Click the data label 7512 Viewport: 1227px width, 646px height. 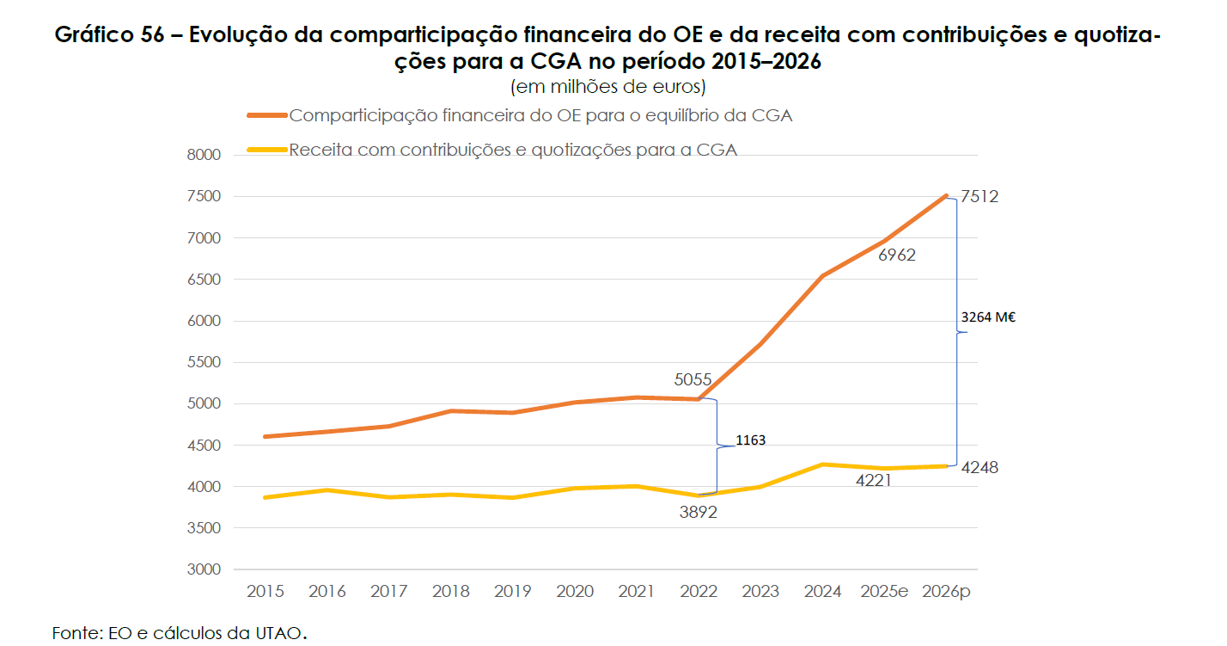coord(980,197)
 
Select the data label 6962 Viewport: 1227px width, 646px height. coord(897,255)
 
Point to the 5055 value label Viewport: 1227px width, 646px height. coord(693,378)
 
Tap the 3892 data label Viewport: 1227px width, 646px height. coord(698,512)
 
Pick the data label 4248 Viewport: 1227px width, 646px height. coord(980,468)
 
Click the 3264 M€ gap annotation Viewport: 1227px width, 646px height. coord(989,317)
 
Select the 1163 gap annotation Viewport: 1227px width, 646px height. coord(750,440)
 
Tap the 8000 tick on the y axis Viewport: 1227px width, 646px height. coord(203,156)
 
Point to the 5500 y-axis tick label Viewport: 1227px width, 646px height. coord(203,363)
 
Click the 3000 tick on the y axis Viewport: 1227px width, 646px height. coord(203,570)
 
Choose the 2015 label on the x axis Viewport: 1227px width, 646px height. coord(265,592)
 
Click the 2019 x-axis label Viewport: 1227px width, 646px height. coord(513,592)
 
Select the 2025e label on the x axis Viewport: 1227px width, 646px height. coord(884,592)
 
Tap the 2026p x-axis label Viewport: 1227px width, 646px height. coord(946,592)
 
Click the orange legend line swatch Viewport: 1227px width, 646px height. coord(266,115)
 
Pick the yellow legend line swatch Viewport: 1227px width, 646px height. coord(266,150)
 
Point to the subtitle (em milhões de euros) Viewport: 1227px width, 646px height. coord(607,87)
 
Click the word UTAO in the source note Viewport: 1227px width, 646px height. coord(278,634)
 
